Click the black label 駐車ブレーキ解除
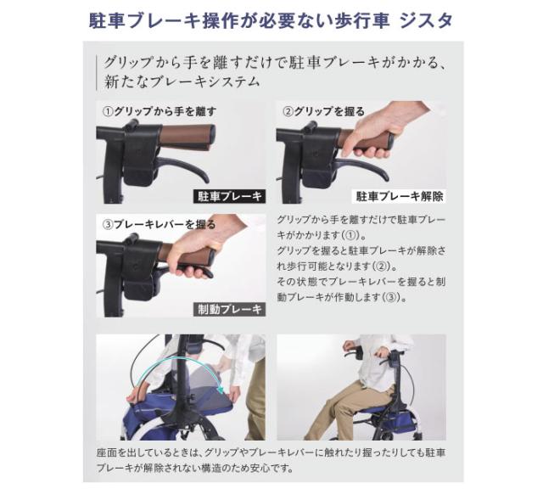tap(399, 196)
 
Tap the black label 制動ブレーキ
tap(229, 309)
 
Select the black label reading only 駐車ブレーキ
tap(229, 196)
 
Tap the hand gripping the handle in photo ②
tap(373, 136)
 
